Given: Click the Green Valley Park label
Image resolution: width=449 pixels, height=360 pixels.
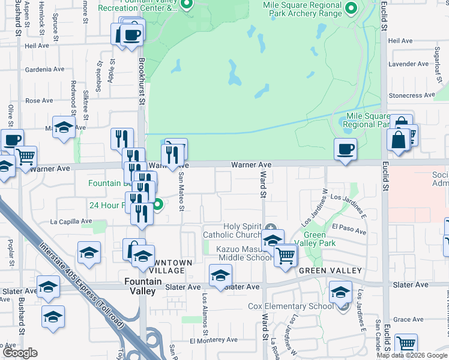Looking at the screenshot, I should coord(319,239).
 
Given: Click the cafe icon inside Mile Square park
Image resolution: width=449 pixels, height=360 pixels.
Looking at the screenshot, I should coord(345,149).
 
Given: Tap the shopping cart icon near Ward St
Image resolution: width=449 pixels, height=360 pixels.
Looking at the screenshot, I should coord(286,255).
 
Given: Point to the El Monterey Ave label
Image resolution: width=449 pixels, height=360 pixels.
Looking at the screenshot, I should coord(214,340).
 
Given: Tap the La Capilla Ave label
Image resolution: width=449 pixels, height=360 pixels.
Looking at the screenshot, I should coord(71,221).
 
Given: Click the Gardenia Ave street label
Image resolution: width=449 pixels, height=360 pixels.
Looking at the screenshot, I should coord(44,69).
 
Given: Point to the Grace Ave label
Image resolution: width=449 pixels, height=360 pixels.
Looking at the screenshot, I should coord(409,320).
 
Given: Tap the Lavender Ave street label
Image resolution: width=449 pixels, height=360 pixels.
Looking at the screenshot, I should coord(409,64).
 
